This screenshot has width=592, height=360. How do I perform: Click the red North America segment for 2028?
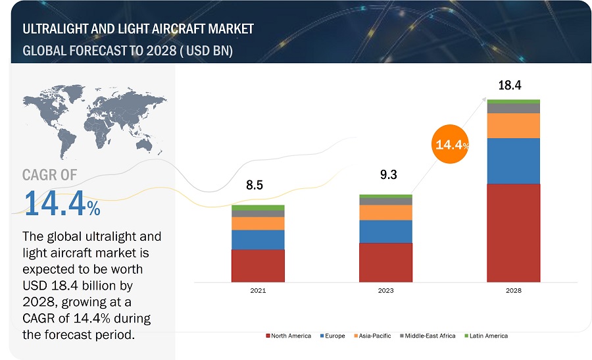click(x=513, y=232)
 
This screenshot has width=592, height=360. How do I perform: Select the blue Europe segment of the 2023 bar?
click(x=385, y=232)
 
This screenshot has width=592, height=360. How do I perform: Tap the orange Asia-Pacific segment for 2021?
click(x=258, y=224)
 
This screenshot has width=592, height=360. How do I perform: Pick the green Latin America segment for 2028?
click(x=513, y=101)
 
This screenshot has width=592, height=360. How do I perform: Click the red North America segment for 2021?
click(x=258, y=265)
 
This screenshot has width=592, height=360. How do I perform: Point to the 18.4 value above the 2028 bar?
click(x=510, y=85)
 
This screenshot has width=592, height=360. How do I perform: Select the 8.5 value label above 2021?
click(x=255, y=186)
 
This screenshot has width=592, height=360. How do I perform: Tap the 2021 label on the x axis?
click(x=258, y=290)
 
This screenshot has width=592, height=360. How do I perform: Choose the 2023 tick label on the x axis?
click(x=385, y=290)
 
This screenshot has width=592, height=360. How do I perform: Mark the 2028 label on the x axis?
click(x=513, y=290)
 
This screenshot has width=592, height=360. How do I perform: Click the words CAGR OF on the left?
click(x=49, y=174)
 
